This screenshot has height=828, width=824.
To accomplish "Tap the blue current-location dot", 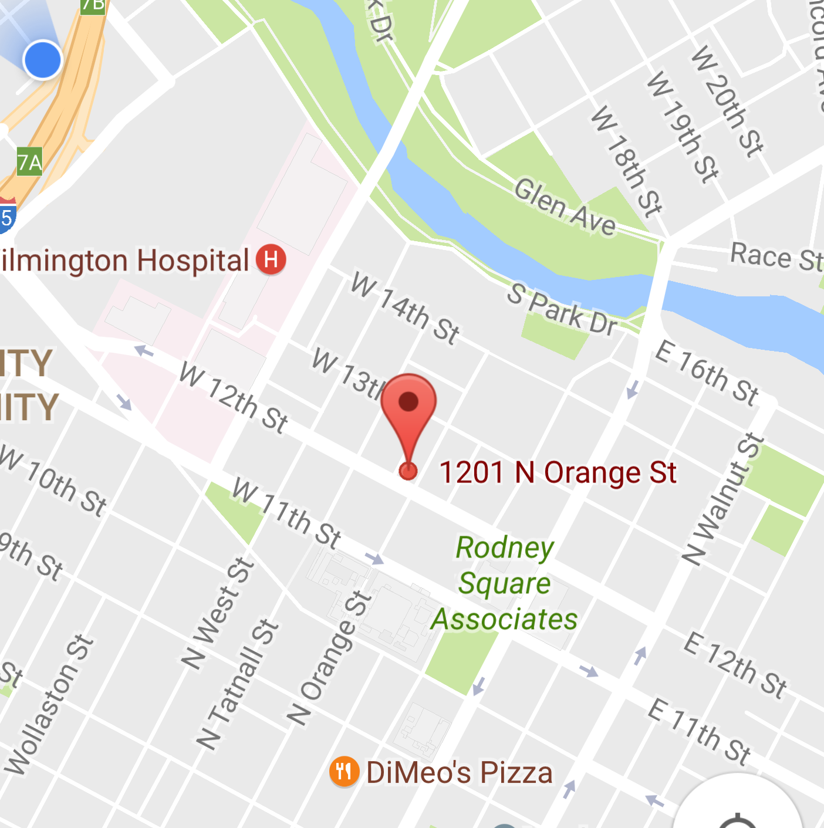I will (42, 60).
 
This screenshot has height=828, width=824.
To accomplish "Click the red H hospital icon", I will (271, 259).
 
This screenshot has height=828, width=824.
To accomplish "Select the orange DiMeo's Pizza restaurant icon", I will (344, 771).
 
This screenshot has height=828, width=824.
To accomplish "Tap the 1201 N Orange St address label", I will (558, 472).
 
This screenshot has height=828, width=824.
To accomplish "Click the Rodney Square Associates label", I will (505, 583).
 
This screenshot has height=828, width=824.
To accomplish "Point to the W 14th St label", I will (405, 309).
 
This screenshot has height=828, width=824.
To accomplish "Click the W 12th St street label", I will (234, 398).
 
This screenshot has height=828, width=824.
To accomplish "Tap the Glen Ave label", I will (565, 207).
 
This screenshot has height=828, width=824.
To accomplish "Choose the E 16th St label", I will (707, 373).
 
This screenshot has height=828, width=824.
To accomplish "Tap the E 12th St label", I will (735, 665).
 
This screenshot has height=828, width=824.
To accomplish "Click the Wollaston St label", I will (49, 704).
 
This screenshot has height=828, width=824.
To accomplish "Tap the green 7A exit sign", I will (29, 161).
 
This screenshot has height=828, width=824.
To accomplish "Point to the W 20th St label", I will (727, 101).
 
